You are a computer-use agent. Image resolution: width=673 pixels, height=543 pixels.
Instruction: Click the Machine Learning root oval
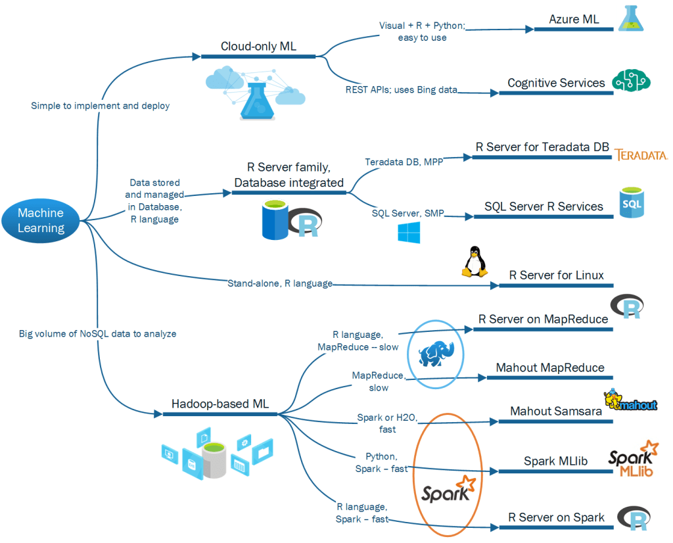point(41,220)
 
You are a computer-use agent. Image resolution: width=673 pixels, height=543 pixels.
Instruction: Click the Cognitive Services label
point(556,83)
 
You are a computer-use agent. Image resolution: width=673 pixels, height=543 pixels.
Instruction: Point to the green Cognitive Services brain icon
point(631,81)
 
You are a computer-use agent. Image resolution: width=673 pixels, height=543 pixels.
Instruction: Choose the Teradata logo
point(640,155)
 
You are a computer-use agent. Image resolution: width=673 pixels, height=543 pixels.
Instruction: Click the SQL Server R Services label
point(544,206)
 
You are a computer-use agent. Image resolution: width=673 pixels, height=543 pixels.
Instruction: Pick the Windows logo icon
point(409,232)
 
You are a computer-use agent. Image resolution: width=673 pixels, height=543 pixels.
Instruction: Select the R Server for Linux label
point(556,275)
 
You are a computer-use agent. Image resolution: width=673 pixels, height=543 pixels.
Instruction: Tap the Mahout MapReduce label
point(549,368)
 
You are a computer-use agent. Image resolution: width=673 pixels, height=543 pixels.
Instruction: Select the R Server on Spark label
point(556,517)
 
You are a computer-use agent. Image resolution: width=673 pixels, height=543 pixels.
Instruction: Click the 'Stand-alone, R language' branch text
point(279,284)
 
